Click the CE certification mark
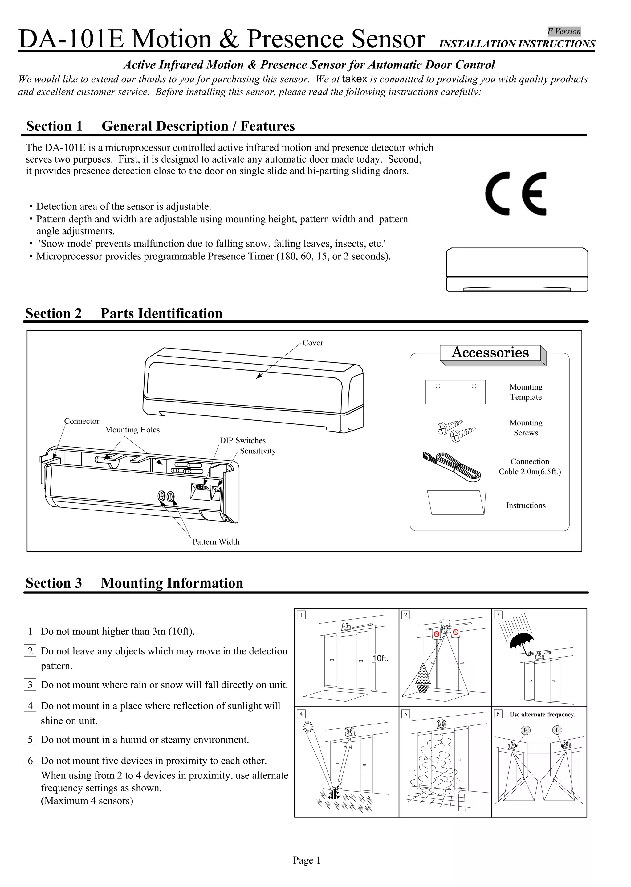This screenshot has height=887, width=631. coord(515,194)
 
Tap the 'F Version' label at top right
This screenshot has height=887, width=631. coord(564,31)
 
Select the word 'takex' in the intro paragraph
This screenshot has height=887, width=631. coord(354,79)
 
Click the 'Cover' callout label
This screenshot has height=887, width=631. coord(312,343)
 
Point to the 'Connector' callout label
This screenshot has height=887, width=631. coord(82,421)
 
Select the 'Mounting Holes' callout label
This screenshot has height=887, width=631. coord(132,430)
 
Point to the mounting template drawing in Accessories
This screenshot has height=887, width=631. coord(455,392)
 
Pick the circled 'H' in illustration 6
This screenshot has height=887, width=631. coord(525,730)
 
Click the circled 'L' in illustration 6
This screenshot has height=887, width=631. coord(557,730)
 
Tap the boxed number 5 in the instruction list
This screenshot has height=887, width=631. coord(30,739)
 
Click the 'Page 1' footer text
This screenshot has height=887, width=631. coord(307,860)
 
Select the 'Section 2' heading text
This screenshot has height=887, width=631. coord(54,313)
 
